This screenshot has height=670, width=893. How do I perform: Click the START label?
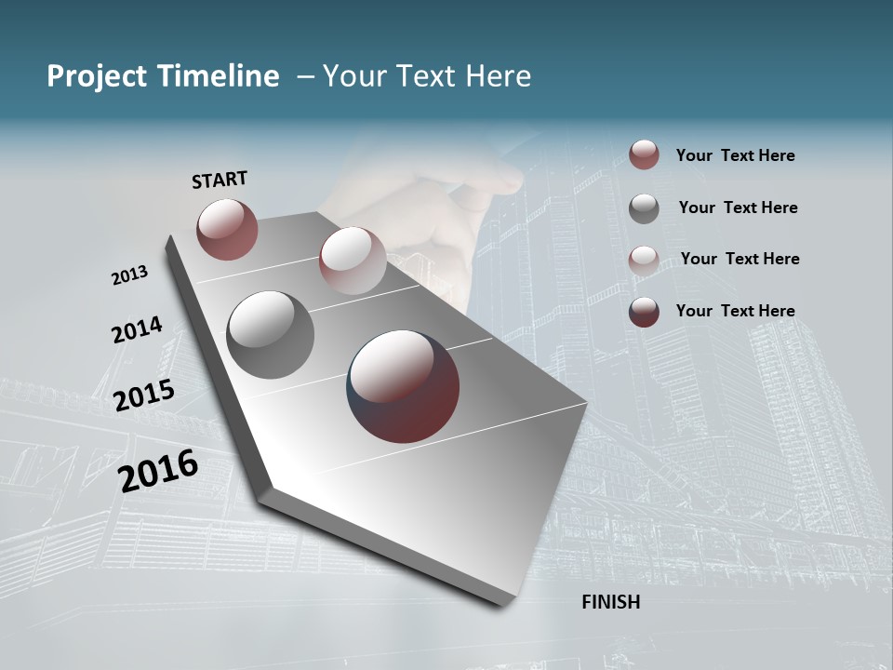click(x=220, y=180)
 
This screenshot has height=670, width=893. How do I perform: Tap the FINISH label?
click(x=610, y=602)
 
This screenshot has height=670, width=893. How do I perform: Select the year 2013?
click(x=129, y=275)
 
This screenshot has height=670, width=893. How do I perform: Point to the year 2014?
click(x=137, y=330)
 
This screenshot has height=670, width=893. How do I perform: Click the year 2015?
click(x=144, y=395)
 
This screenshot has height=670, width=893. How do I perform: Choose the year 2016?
click(x=158, y=471)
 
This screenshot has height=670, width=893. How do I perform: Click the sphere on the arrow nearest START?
click(x=227, y=229)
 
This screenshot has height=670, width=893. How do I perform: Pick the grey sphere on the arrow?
click(x=271, y=335)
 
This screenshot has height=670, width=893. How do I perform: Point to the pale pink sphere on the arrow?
click(x=353, y=261)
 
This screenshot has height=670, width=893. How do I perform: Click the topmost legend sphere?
click(x=644, y=154)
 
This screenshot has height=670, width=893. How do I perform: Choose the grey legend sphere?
click(x=644, y=208)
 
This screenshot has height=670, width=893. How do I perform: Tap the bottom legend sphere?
click(x=644, y=312)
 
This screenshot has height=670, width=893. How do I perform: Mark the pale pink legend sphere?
click(x=644, y=260)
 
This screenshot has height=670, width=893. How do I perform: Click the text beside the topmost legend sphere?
click(x=735, y=156)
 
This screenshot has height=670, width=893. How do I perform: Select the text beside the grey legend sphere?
click(x=738, y=208)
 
